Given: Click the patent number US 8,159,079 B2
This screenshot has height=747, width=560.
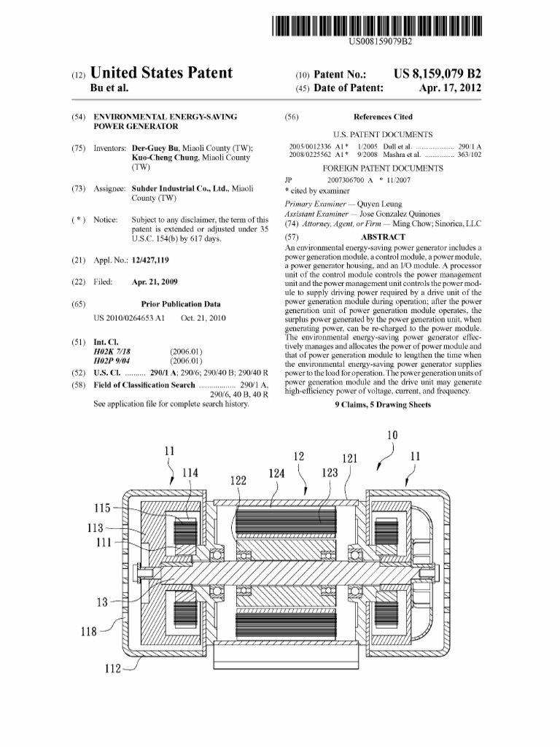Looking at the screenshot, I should [x=437, y=74].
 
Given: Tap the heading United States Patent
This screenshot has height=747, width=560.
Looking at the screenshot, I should [x=161, y=73].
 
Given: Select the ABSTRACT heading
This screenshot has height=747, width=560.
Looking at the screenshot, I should [x=383, y=237].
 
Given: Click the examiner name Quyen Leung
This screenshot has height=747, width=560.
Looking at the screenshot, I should [x=377, y=204].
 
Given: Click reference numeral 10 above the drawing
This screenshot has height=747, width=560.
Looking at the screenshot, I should [x=392, y=436].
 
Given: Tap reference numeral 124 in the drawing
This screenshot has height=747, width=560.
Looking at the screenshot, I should [x=276, y=473].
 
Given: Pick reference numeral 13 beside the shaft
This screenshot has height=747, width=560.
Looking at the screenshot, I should [x=102, y=603].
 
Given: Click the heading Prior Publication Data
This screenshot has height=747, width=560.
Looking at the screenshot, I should [x=181, y=303].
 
